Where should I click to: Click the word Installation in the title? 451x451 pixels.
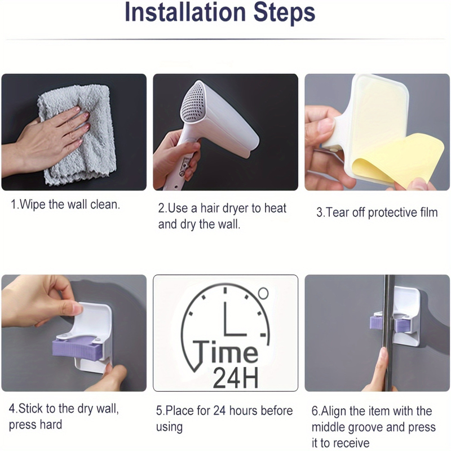pos(185,12)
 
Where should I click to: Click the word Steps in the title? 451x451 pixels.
pos(284,13)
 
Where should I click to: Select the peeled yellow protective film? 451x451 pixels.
pos(399,161)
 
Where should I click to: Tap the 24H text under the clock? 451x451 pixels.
pos(235,378)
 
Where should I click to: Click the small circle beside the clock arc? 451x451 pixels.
pos(263,293)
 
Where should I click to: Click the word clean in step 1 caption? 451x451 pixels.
pos(105,205)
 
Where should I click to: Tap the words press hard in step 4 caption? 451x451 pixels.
pos(36,425)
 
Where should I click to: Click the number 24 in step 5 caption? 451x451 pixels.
pos(219,410)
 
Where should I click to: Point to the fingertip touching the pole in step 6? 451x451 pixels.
pos(383,352)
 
